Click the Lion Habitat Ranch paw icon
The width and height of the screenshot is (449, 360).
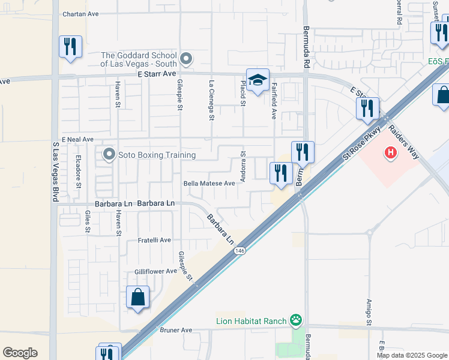(295, 320)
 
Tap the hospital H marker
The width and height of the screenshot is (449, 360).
(391, 153)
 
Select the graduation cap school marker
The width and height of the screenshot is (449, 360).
(257, 81)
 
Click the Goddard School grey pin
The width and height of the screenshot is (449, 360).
(186, 59)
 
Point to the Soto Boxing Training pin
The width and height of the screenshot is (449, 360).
(109, 155)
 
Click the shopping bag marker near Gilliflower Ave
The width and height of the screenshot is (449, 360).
(137, 297)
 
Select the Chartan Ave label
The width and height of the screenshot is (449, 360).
(80, 13)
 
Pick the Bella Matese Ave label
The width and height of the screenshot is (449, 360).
(209, 184)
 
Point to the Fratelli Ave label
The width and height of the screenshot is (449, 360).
(154, 240)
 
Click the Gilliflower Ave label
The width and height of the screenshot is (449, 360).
(155, 271)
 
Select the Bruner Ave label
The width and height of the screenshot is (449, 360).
(175, 330)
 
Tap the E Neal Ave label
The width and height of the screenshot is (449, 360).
(77, 139)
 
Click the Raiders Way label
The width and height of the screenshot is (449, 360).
(403, 142)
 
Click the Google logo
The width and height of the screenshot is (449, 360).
(20, 353)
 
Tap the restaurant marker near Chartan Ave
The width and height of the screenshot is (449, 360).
(70, 47)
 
